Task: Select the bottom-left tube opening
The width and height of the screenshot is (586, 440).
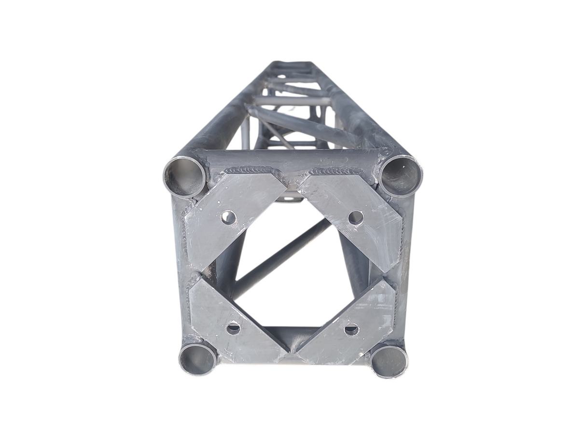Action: pyautogui.click(x=197, y=359)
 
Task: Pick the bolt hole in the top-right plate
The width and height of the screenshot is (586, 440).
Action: pyautogui.click(x=356, y=218)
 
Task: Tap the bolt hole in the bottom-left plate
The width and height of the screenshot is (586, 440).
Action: pyautogui.click(x=233, y=328)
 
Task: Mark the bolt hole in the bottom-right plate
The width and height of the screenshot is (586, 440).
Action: pyautogui.click(x=351, y=330)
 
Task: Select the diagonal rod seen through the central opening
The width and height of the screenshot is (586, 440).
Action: pyautogui.click(x=280, y=256)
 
